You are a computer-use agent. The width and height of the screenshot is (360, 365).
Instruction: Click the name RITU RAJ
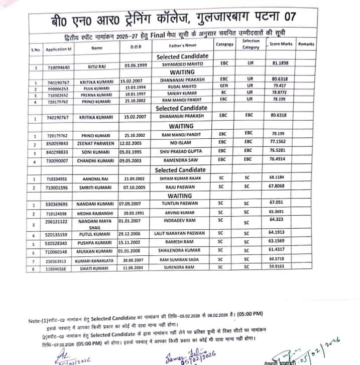coord(96,66)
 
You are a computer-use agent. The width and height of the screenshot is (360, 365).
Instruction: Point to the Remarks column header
coord(306,44)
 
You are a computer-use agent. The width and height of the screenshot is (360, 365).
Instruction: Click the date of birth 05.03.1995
coord(133,151)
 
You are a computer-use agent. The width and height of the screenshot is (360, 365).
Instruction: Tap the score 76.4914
coord(277,159)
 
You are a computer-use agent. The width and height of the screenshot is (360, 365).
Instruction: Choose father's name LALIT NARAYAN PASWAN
coord(181,234)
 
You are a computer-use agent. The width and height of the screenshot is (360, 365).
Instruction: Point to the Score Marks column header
coord(281,45)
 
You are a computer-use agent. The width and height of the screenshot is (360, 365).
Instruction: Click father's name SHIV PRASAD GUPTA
coord(181,151)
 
